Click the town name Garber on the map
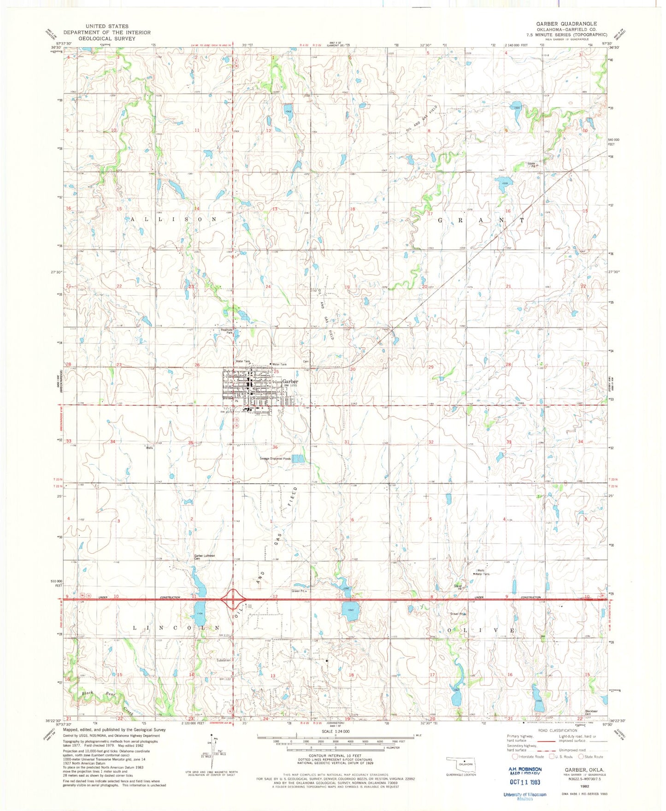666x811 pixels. [x=290, y=382]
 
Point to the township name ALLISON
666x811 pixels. [x=174, y=219]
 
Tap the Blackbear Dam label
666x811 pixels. [x=591, y=712]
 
